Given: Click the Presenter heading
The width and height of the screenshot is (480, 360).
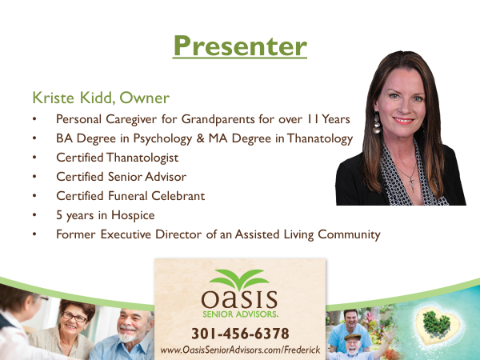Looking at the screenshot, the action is (240, 46).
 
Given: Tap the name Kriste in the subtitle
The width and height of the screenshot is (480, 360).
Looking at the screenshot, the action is (54, 98).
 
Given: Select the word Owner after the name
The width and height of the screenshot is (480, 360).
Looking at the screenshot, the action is (144, 98).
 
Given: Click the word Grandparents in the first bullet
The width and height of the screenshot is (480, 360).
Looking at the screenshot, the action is (218, 119).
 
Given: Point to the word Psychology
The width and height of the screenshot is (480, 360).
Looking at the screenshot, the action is (162, 138).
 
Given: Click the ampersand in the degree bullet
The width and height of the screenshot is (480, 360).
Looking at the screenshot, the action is (200, 138).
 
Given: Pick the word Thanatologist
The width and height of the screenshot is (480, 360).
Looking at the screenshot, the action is (142, 158).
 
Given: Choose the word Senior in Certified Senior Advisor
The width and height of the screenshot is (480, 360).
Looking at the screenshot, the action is (124, 177).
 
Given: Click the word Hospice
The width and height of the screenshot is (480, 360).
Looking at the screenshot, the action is (133, 215).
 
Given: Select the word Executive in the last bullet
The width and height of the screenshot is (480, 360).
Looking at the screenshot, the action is (126, 234).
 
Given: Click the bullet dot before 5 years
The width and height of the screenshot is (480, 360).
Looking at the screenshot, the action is (34, 215).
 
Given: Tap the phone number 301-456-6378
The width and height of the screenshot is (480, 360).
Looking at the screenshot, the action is (240, 334).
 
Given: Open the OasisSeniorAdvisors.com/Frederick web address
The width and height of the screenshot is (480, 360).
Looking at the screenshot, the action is (240, 350).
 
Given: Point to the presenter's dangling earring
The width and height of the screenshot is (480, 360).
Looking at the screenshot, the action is (377, 123).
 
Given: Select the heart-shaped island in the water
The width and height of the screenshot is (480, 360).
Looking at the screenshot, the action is (438, 325).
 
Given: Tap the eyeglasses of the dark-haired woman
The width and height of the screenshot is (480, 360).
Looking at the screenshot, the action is (74, 318).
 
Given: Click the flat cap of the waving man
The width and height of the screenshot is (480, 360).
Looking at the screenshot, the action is (353, 337).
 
